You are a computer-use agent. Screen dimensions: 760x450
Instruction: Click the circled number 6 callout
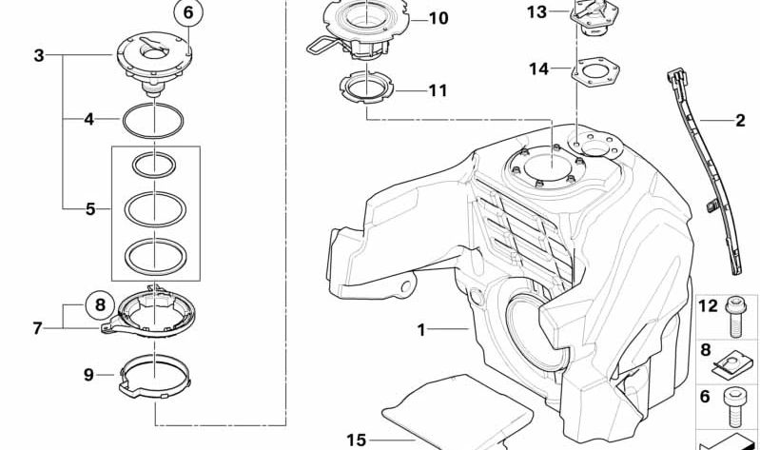188,13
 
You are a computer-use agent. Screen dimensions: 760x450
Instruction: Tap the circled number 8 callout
100,305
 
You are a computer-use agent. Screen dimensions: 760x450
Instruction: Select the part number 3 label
39,55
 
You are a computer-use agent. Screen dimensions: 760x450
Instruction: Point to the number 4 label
88,119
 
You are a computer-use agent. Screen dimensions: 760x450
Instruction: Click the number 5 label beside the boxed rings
90,209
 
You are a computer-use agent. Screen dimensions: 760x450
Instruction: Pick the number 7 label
38,328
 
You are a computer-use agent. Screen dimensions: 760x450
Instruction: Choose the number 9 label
88,374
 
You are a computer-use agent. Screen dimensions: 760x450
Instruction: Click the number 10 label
438,19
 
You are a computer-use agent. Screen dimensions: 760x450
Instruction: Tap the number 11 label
438,90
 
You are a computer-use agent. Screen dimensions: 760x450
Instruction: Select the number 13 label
537,12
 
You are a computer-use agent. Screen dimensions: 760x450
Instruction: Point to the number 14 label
538,68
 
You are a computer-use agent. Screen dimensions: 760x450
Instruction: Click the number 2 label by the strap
740,120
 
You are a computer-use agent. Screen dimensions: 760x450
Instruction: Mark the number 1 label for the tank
421,330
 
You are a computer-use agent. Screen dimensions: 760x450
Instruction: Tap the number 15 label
357,440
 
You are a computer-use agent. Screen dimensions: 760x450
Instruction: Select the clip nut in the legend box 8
731,364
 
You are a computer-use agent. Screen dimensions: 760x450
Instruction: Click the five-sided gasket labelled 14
595,72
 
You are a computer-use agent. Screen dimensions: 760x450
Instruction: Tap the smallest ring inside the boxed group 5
154,165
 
